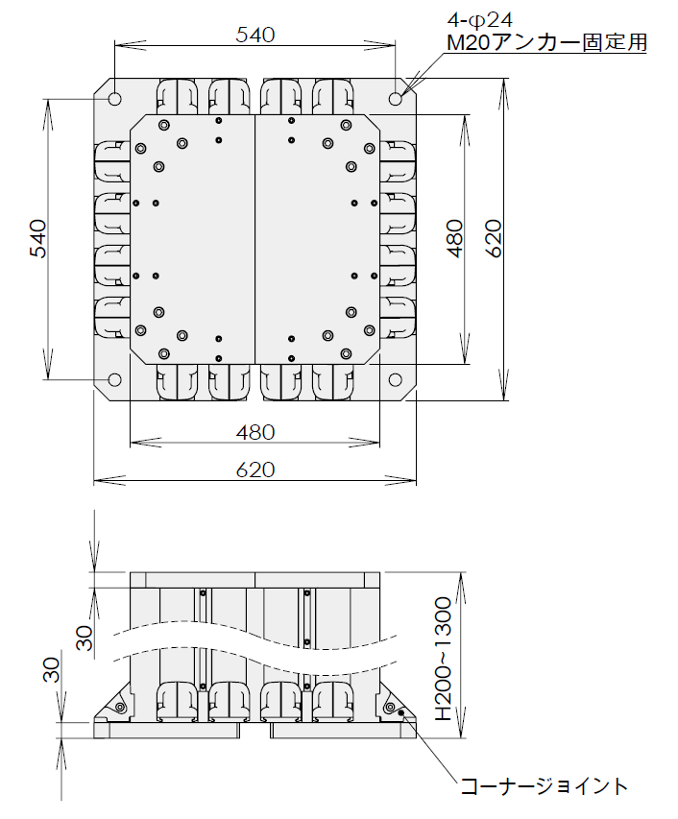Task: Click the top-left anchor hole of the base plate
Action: [114, 99]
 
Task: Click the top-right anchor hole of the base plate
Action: [396, 99]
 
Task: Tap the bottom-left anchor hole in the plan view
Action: [114, 379]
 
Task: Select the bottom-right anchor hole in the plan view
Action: [396, 379]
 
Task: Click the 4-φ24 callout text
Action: [480, 20]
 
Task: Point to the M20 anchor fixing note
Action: [546, 42]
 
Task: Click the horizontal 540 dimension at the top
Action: [254, 35]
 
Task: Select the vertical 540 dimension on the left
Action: [37, 239]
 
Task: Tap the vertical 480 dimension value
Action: [455, 239]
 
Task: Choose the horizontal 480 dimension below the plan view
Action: [254, 432]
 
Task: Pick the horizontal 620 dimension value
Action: [254, 470]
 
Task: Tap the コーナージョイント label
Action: [544, 786]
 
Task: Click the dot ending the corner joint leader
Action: [401, 711]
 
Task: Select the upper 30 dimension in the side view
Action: [85, 638]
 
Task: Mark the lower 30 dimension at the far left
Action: [52, 669]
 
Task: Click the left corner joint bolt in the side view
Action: [120, 708]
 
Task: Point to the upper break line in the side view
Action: [254, 631]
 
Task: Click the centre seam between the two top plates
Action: [254, 239]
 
